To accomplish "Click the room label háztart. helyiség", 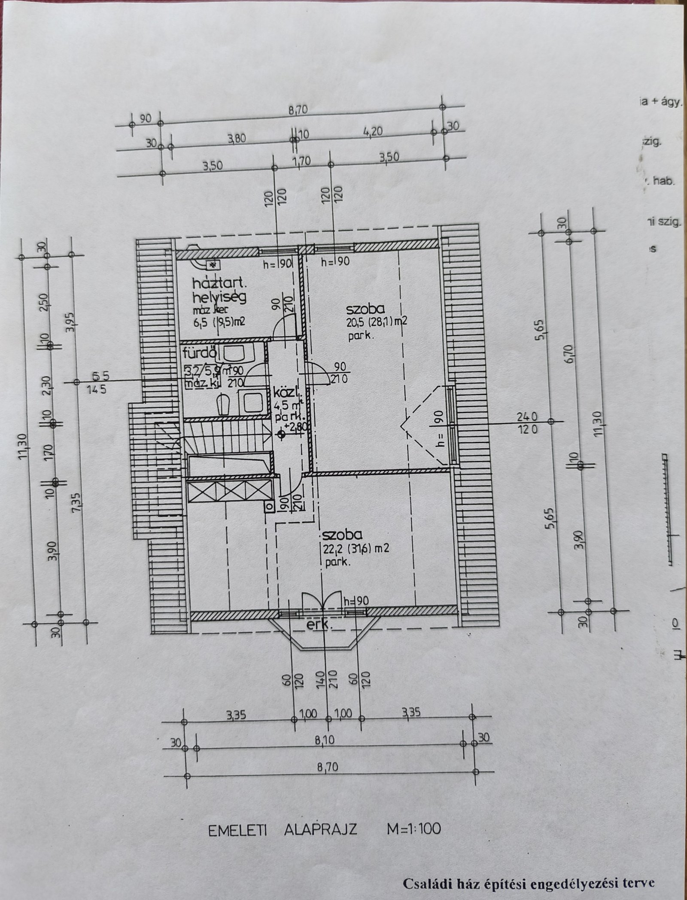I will (220, 290).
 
